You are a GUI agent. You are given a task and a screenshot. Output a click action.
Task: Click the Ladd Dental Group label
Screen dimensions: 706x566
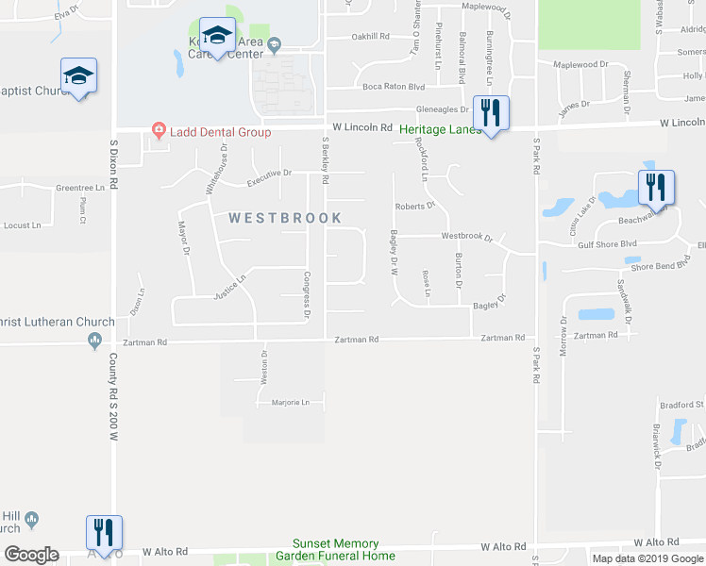point(221,132)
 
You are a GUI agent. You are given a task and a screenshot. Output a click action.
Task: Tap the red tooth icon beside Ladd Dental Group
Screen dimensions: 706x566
point(159,131)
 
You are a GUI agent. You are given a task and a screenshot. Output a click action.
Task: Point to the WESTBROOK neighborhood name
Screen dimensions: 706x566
point(285,218)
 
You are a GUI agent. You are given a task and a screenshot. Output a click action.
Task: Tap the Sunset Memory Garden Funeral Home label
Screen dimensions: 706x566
point(335,550)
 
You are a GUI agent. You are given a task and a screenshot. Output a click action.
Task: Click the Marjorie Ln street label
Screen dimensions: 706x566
point(291,403)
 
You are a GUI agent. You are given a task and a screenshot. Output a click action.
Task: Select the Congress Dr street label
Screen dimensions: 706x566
point(307,295)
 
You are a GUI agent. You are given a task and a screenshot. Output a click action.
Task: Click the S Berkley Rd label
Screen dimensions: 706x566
point(325,158)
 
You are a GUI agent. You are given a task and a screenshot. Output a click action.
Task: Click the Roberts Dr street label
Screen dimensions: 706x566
point(414,205)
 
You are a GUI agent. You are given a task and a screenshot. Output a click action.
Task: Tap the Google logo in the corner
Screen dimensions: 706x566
point(32,555)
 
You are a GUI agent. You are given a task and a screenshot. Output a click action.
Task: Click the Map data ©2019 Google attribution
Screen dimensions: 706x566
point(647,558)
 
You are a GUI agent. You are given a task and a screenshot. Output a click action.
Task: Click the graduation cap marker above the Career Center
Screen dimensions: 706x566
point(217,37)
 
